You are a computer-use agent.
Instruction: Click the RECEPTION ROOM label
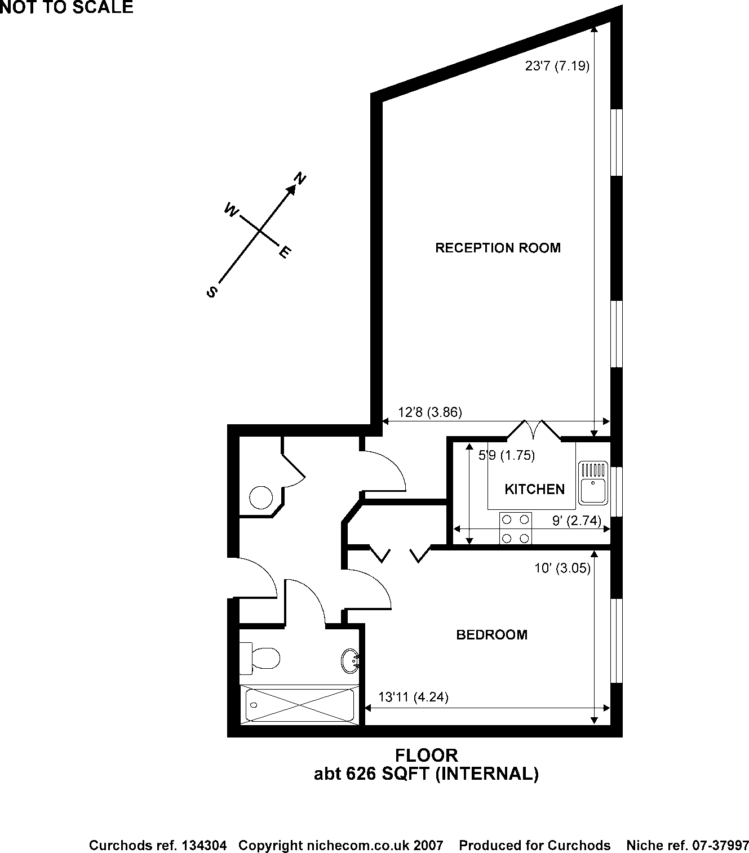498,248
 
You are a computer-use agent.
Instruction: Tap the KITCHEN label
534,489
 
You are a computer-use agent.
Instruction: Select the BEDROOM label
491,635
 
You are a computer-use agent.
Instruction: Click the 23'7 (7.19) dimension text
557,66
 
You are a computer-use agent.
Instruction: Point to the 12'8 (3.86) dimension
430,412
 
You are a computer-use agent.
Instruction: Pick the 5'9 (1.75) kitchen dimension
506,455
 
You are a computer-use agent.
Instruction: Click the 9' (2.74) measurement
576,521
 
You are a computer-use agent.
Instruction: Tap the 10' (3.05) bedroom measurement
562,568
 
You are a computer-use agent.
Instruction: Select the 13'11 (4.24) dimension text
413,697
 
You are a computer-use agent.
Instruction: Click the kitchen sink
592,482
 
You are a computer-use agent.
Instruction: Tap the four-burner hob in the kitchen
516,528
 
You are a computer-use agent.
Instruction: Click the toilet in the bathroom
260,657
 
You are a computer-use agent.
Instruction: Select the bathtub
299,705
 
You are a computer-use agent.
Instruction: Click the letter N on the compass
300,179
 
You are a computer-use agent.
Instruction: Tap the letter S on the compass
212,292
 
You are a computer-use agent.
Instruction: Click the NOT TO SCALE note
67,7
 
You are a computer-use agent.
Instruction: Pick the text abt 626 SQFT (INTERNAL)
426,774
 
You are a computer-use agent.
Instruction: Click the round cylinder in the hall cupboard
261,498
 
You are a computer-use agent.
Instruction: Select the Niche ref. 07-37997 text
687,845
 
